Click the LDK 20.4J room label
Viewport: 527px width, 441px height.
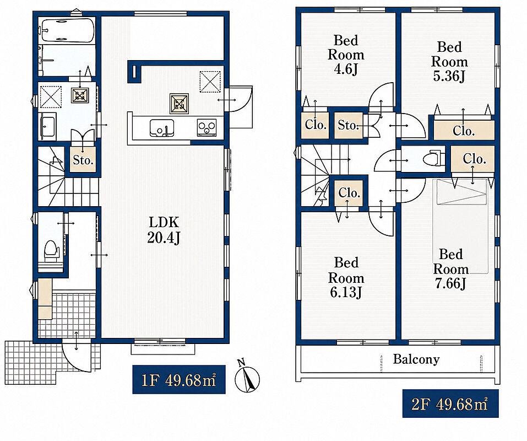coord(164,230)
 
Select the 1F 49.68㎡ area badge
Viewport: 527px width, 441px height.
coord(179,379)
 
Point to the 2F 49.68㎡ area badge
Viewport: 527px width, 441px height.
coord(450,404)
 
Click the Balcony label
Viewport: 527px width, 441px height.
coord(416,359)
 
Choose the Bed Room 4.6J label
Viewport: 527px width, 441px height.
coord(346,55)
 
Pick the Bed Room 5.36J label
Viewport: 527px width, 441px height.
coord(449,62)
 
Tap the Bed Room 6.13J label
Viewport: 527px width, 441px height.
coord(346,278)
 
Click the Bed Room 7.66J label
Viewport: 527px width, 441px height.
coord(450,269)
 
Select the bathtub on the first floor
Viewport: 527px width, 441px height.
coord(67,30)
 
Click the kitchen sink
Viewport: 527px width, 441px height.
coord(162,128)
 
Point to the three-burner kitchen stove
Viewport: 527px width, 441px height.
coord(207,128)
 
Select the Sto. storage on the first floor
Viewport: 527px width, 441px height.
coord(83,159)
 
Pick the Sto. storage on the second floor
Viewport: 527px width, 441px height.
coord(349,126)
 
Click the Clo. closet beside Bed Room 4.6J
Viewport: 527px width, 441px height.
coord(315,125)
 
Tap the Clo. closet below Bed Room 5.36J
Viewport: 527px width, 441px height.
coord(464,131)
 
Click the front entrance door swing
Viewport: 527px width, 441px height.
coord(77,357)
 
